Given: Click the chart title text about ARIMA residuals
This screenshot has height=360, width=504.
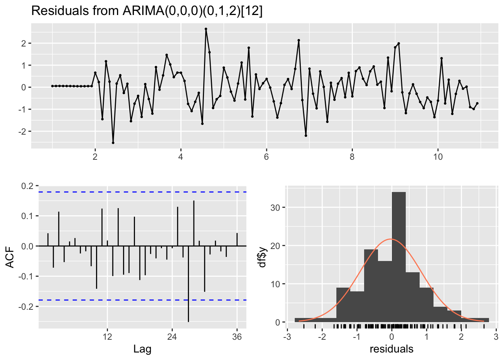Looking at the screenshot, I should point(147,11).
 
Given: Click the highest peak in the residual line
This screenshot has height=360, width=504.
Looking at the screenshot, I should point(206,29).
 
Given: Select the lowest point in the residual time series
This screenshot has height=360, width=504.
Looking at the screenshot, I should point(113,142).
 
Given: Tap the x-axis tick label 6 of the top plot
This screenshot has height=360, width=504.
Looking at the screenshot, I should point(266,157).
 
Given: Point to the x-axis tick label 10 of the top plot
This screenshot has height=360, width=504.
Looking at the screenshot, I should point(438,157).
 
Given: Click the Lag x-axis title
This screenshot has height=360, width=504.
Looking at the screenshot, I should point(142,349).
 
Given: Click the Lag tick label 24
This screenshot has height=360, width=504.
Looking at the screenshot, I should point(172,337).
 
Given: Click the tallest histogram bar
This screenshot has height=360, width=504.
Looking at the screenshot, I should point(399,255).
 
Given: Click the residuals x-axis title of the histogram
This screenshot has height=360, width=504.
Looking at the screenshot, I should point(391,349).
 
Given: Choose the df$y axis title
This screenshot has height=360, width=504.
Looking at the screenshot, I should point(262,257).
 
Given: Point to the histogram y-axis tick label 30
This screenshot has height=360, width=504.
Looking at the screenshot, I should point(276,208).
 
